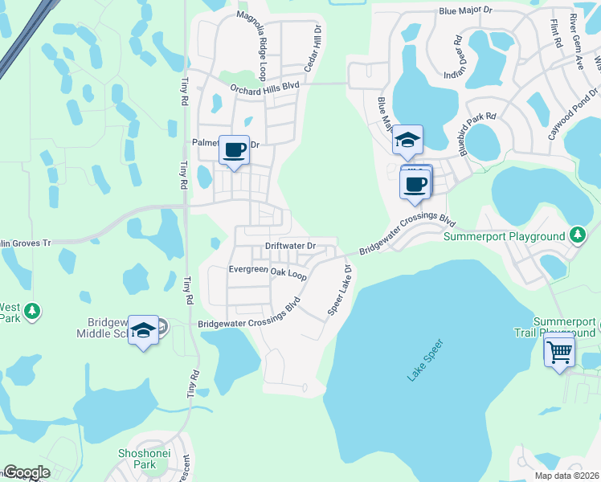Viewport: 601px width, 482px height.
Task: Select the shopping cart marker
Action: pos(559,350)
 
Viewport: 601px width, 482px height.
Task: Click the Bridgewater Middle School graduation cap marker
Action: pos(143,331)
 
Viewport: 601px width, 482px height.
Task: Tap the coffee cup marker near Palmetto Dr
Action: pos(234,150)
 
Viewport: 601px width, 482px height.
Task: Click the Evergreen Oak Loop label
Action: pos(268,273)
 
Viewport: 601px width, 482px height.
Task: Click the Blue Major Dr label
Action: pos(469,12)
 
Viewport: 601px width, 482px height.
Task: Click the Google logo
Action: pos(27,472)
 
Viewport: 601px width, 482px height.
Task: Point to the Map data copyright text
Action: pos(566,476)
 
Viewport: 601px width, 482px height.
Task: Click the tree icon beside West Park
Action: pos(31,311)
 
